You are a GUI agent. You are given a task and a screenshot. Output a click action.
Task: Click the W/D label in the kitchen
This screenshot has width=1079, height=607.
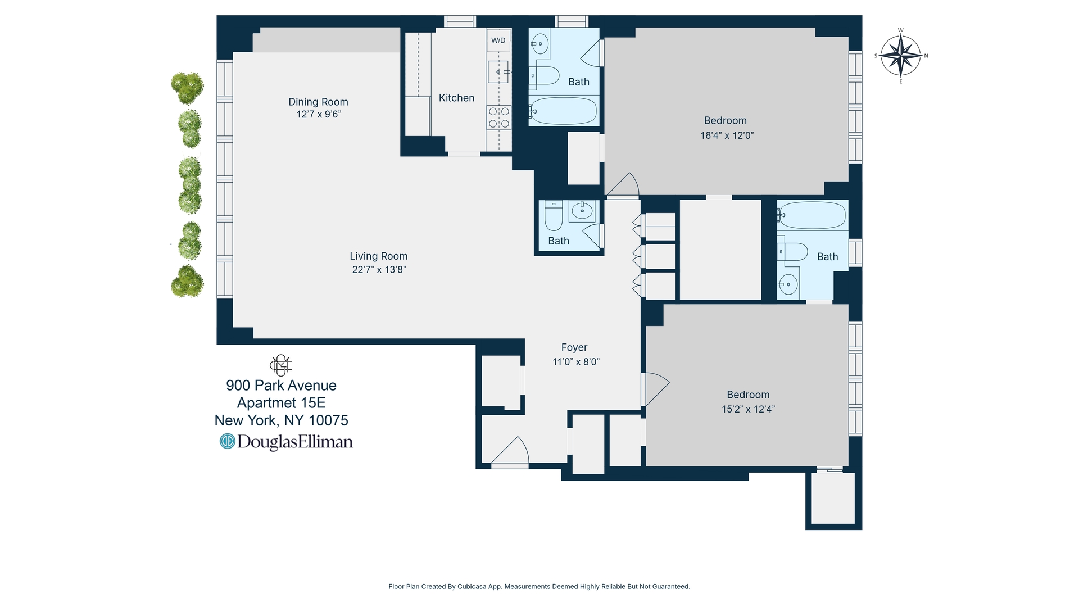point(498,40)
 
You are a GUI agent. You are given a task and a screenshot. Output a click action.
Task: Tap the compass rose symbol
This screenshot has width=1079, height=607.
point(900,56)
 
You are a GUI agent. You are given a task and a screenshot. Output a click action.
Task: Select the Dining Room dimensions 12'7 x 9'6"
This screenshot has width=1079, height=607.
point(319,115)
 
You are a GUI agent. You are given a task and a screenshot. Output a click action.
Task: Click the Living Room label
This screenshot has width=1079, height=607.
point(378,256)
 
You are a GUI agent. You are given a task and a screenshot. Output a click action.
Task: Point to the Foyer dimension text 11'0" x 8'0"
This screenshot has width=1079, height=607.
point(576,362)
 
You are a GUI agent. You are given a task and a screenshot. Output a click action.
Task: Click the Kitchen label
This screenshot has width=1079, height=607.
point(456,98)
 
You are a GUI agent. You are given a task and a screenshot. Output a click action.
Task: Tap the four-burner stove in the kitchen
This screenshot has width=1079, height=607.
point(499,117)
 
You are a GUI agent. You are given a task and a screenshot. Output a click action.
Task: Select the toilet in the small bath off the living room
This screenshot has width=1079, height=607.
point(554,216)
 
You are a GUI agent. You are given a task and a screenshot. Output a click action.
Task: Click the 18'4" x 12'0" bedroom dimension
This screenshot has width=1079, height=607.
point(727,135)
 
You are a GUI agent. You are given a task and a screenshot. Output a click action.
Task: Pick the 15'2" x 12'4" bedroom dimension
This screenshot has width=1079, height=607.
point(748,409)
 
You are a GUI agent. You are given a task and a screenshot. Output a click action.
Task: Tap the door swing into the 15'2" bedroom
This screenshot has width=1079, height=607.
point(655,388)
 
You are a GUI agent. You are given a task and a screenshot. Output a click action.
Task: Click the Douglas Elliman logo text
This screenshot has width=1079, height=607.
point(287,442)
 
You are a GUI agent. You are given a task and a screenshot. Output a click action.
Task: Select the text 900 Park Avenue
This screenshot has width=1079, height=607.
point(281,386)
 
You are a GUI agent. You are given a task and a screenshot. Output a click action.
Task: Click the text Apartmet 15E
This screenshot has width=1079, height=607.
point(281,403)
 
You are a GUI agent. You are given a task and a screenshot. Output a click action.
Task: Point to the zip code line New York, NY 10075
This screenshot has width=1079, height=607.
point(281,420)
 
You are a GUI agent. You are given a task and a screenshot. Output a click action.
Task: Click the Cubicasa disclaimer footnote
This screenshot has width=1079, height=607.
point(539,586)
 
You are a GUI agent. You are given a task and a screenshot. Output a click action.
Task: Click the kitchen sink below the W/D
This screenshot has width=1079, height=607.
point(498,72)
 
